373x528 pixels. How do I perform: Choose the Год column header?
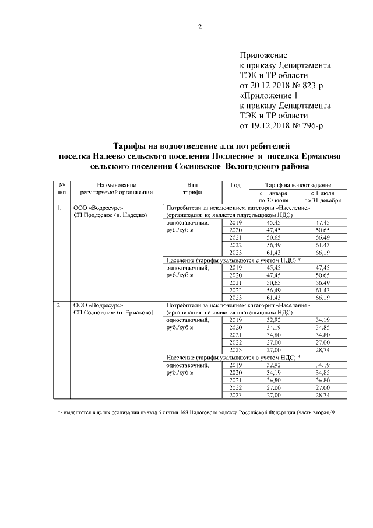point(235,185)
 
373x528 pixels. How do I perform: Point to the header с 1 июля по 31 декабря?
point(322,195)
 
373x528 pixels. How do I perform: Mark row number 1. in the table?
point(59,207)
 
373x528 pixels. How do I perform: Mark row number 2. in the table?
point(59,305)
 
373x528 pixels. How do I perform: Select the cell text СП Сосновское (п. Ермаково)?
point(113,313)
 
